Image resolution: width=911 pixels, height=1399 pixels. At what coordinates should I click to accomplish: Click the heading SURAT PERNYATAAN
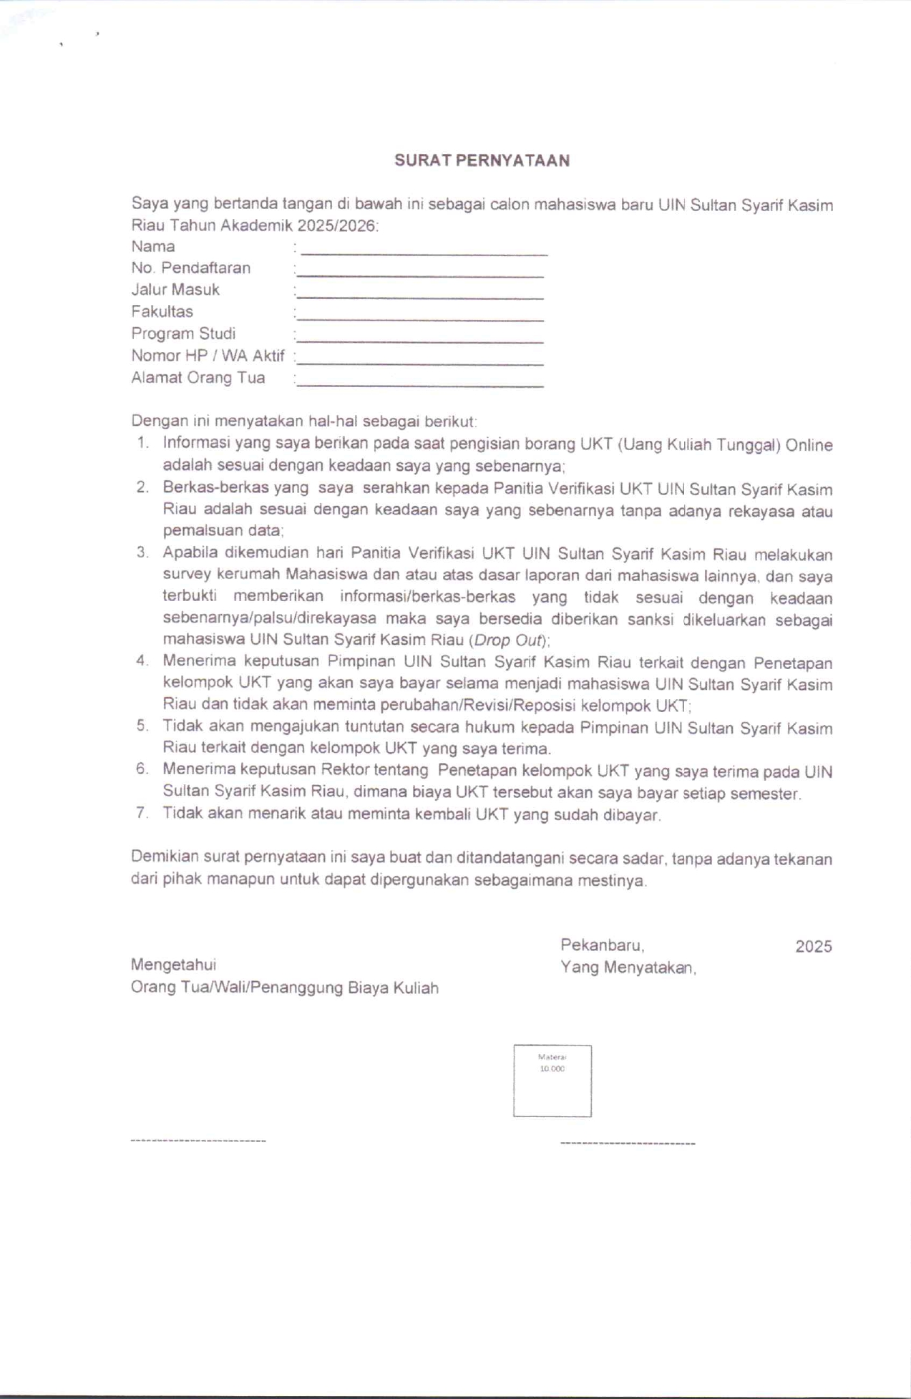482,160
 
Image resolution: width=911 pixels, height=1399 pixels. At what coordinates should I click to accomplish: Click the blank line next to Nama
424,254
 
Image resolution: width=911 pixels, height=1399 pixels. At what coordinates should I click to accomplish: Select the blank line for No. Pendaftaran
420,276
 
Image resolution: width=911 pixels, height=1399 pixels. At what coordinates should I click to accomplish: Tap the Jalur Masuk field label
175,290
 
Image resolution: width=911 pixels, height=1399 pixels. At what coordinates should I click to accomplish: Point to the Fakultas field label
162,311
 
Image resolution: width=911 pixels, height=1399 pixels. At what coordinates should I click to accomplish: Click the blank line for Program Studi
420,342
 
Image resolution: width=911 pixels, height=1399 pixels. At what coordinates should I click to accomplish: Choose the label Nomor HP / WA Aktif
208,356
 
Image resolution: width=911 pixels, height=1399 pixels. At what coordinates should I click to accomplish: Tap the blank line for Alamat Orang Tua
420,386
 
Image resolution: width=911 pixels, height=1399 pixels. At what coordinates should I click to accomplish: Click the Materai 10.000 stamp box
552,1081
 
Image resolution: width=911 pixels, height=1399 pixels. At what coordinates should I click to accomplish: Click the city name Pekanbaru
602,945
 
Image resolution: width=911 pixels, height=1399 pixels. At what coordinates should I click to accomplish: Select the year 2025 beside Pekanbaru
813,947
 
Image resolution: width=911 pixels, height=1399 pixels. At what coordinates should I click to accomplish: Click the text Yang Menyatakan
628,967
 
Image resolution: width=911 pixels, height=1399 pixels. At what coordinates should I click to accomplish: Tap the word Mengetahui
173,965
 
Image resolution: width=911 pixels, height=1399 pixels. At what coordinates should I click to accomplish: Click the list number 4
142,661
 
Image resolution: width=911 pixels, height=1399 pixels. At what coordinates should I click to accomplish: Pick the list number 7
142,813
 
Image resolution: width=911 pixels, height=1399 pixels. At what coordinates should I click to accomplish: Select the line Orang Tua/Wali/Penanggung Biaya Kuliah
284,988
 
